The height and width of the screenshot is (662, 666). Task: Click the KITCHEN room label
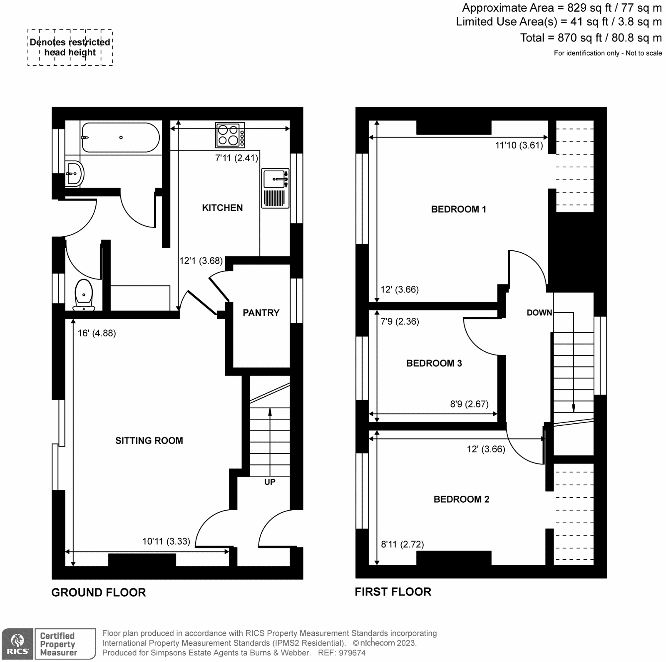(x=222, y=208)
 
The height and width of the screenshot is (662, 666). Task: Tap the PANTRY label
(x=261, y=313)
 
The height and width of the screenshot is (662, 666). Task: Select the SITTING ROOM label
(x=149, y=441)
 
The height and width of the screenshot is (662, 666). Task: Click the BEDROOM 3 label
(x=434, y=363)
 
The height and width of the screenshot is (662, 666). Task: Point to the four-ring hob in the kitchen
(x=230, y=135)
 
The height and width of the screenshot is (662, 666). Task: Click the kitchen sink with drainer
(x=275, y=188)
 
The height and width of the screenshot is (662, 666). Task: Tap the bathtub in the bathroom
(x=120, y=138)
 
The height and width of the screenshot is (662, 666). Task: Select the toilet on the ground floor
(x=84, y=295)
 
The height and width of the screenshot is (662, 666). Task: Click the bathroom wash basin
(x=75, y=173)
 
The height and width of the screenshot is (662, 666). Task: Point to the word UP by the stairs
(x=270, y=482)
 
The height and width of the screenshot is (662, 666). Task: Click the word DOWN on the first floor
(x=539, y=313)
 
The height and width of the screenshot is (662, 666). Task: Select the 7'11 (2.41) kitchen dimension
(x=236, y=158)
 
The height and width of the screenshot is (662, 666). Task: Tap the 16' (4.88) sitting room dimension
(x=97, y=333)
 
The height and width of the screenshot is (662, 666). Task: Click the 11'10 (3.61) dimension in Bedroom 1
(x=519, y=145)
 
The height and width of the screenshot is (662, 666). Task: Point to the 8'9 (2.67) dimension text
(x=469, y=404)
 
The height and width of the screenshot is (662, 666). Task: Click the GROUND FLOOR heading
(x=99, y=593)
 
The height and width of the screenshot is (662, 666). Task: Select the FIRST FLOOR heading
(x=393, y=592)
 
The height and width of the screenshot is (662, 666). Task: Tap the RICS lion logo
(x=17, y=644)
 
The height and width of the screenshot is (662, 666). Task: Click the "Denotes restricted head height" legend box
(x=70, y=47)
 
